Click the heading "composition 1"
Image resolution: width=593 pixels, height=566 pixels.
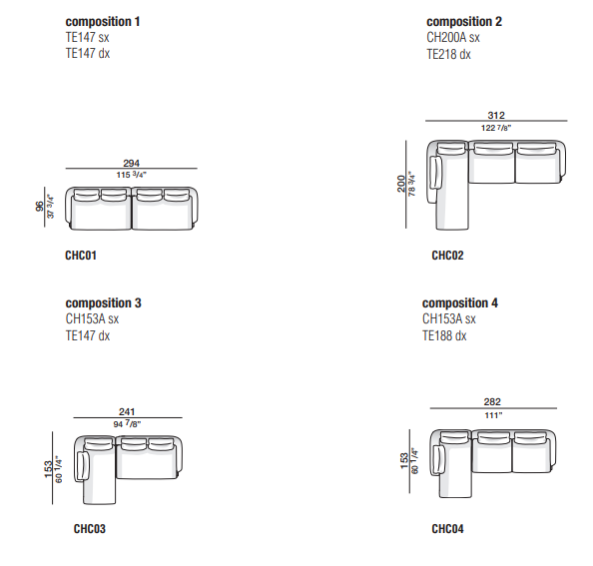point(103,22)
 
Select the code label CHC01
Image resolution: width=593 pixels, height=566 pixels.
point(81,256)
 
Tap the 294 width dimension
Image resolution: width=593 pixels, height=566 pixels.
point(131,163)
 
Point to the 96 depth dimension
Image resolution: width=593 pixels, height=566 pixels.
point(39,207)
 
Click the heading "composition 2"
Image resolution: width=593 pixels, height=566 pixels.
point(464,22)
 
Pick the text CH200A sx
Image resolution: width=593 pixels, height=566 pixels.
point(453,37)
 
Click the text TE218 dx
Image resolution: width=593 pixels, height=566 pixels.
point(448,55)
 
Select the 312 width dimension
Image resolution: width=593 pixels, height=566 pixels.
point(496,115)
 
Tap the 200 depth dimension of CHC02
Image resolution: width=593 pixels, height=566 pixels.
point(401,184)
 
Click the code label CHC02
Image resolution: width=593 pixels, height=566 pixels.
point(448,256)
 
